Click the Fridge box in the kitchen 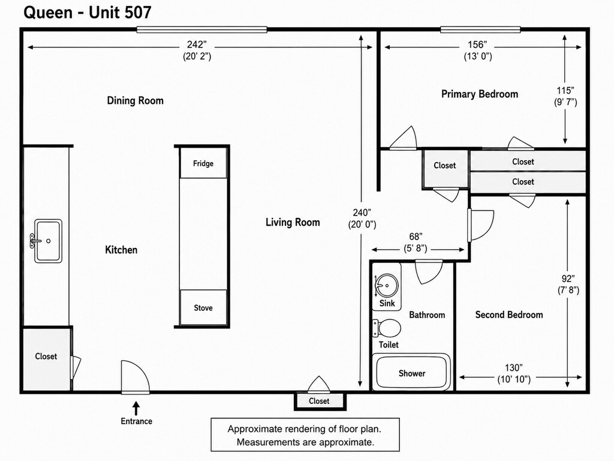pyautogui.click(x=203, y=163)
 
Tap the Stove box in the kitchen pyautogui.click(x=203, y=308)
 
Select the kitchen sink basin pyautogui.click(x=48, y=241)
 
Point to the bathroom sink pyautogui.click(x=387, y=286)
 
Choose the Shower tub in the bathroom pyautogui.click(x=411, y=372)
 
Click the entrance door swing pyautogui.click(x=135, y=377)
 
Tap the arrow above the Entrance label pyautogui.click(x=136, y=408)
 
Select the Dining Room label pyautogui.click(x=135, y=100)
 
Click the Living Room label pyautogui.click(x=293, y=222)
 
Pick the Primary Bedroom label pyautogui.click(x=480, y=94)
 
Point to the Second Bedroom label pyautogui.click(x=509, y=315)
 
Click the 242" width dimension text pyautogui.click(x=197, y=44)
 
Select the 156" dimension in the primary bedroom pyautogui.click(x=478, y=44)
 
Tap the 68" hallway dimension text pyautogui.click(x=416, y=237)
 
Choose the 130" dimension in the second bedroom pyautogui.click(x=514, y=368)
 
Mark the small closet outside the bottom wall pyautogui.click(x=320, y=401)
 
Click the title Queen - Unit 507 pyautogui.click(x=88, y=13)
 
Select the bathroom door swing pyautogui.click(x=429, y=272)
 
